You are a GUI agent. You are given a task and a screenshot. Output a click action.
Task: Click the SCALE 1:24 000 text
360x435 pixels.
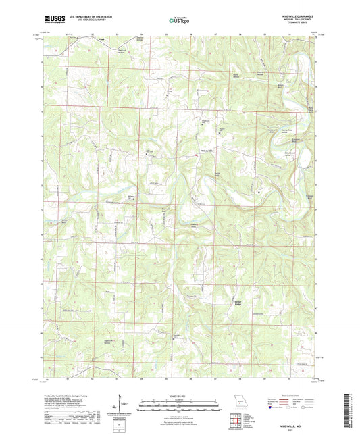(x=180, y=395)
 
